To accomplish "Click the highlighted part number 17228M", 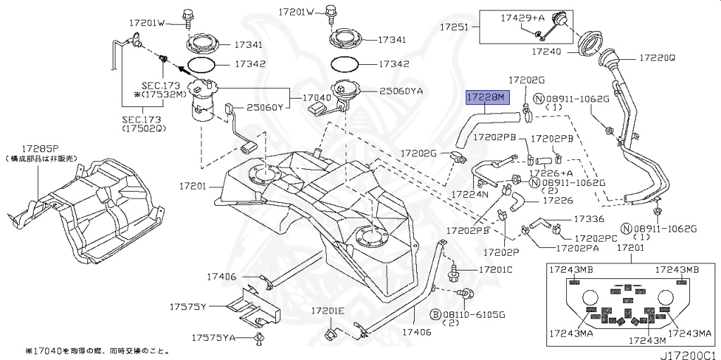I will coord(486,98).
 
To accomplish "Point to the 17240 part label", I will coord(547,51).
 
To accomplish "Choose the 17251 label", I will coord(455,27).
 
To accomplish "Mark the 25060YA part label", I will coord(402,91).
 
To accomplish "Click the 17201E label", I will coord(327,311).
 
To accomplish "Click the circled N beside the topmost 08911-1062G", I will coord(538,99).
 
